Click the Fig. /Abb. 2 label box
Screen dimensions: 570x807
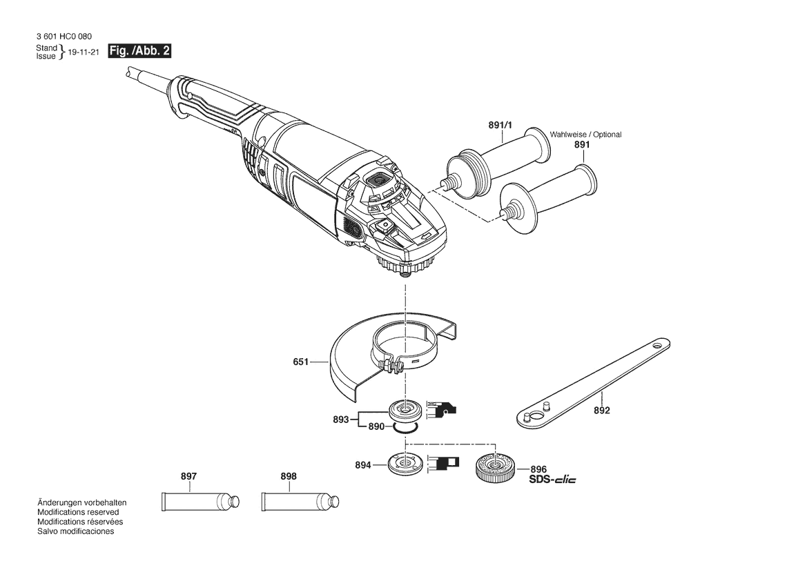(x=139, y=52)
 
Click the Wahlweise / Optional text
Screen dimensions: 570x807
(x=585, y=135)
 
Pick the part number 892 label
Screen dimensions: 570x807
(x=601, y=411)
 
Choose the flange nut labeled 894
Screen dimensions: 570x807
(x=404, y=464)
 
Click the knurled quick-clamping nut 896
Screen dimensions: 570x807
(x=493, y=468)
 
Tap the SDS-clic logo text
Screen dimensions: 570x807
(x=552, y=479)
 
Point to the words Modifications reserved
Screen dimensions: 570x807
(x=78, y=513)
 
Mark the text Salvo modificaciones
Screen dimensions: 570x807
(x=75, y=532)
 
